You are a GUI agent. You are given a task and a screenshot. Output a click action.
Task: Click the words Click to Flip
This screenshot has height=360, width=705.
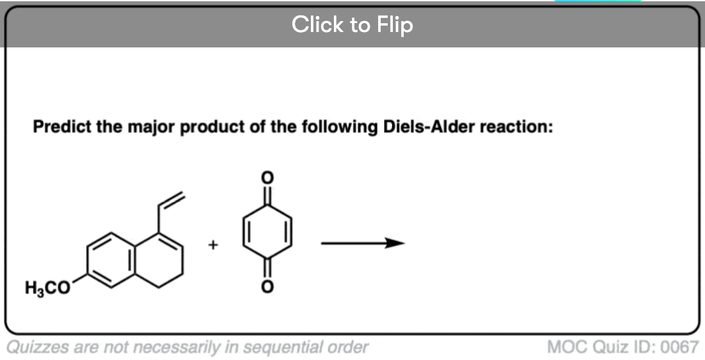point(352,24)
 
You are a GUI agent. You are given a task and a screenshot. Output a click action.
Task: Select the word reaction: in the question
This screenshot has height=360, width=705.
point(516,127)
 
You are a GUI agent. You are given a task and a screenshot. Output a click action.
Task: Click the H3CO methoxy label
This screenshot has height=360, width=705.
point(48,288)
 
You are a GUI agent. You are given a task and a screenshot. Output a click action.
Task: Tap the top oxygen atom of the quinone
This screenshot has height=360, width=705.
point(267,178)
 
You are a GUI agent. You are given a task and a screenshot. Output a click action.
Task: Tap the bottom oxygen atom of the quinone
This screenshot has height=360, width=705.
point(267,286)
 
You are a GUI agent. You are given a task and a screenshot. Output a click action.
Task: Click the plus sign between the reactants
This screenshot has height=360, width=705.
point(213,245)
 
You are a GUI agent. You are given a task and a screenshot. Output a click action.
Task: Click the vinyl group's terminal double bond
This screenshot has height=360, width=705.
point(171,200)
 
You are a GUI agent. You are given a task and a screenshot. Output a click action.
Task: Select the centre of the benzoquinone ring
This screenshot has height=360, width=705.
point(267,233)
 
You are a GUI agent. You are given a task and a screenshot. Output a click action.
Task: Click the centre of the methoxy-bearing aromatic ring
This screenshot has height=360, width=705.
point(110,260)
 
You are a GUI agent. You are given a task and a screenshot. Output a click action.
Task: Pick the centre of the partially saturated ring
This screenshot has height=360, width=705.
point(158,260)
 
